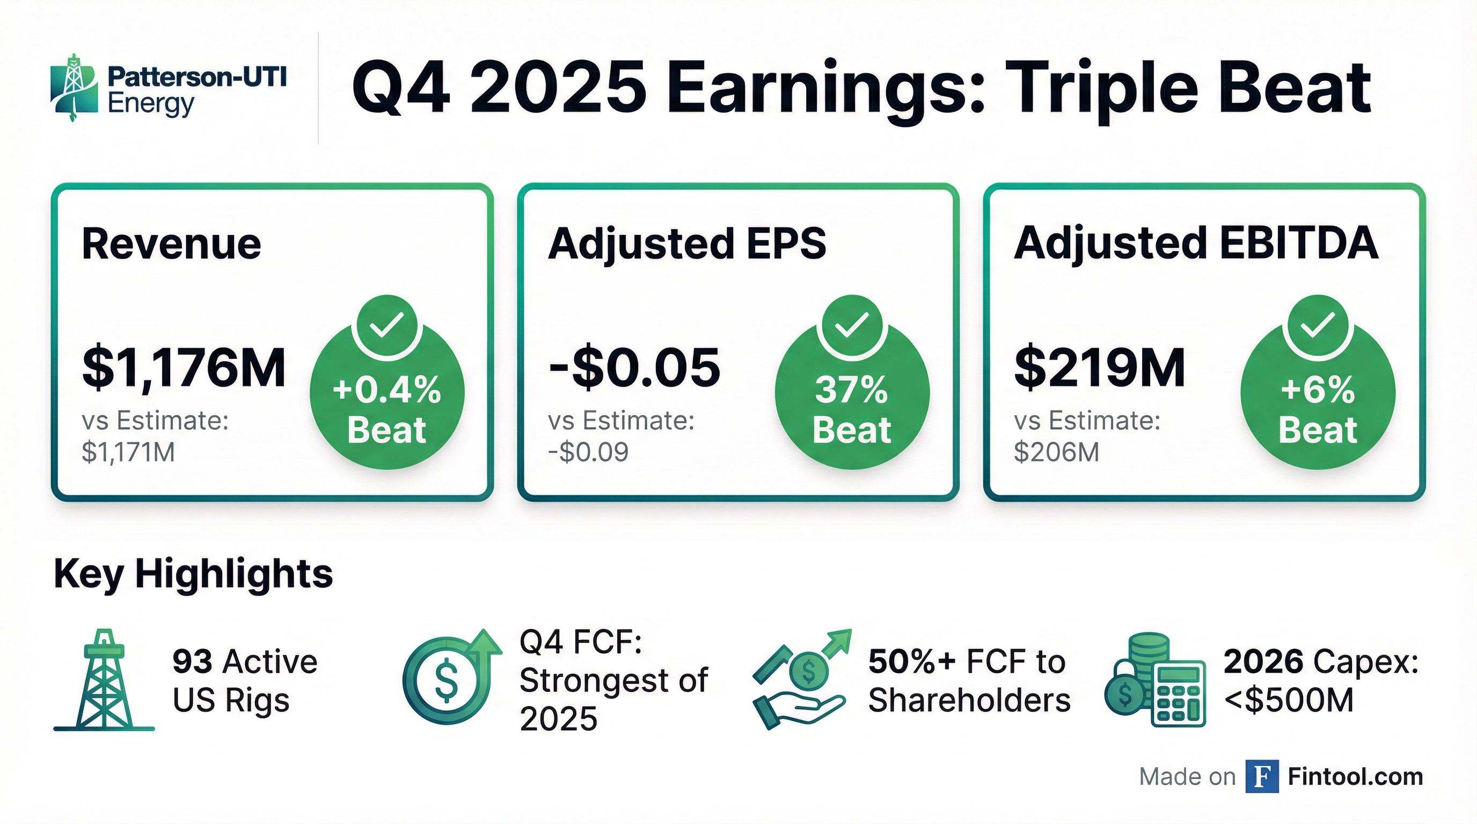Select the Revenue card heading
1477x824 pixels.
pos(171,244)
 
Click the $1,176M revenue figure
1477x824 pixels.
pos(184,368)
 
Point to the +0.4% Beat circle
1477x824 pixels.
pos(387,393)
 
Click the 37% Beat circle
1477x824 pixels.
pos(852,393)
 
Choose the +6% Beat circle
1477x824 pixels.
pos(1318,393)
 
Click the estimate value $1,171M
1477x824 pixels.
pos(128,452)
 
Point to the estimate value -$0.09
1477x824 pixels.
pos(588,452)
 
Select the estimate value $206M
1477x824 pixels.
pos(1057,452)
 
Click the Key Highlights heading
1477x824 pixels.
pos(193,573)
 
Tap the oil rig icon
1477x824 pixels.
pos(104,680)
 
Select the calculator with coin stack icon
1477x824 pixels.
pos(1156,680)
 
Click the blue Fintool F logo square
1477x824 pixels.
pos(1262,776)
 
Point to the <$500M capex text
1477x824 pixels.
pos(1289,700)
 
